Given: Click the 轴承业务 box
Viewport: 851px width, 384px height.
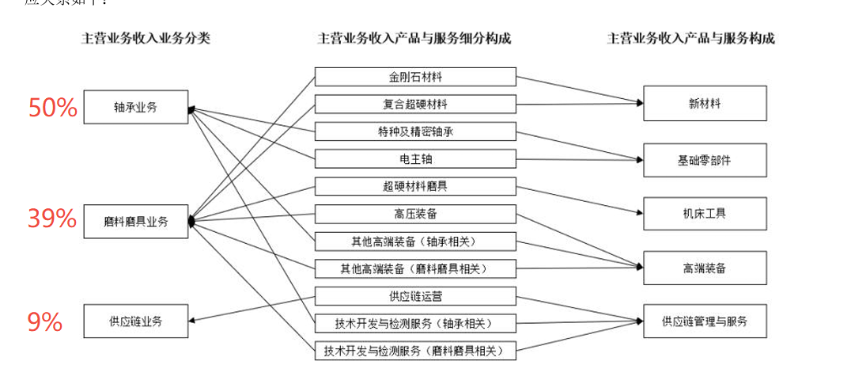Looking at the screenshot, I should (136, 108).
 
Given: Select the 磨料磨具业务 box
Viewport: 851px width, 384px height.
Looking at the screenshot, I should (136, 221).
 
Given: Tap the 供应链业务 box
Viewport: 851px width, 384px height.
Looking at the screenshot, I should (136, 321).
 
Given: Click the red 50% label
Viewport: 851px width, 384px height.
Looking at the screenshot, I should (52, 108).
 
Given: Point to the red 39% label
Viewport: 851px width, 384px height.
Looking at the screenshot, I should (52, 218).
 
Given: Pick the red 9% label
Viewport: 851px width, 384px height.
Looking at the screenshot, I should (45, 321).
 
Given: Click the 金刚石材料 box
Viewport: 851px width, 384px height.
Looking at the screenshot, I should (415, 77).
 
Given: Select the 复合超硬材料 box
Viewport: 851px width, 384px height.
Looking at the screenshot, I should (415, 104).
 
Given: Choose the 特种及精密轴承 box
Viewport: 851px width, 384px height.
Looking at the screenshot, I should (415, 131).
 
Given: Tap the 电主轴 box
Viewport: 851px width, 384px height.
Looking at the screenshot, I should (415, 158).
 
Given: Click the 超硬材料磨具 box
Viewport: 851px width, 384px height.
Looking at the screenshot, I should (415, 186).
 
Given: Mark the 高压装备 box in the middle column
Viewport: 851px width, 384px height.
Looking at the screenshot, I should (415, 213).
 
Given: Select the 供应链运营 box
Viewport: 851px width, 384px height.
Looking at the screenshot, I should (415, 295).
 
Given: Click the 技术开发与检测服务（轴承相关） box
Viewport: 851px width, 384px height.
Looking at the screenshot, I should (415, 322).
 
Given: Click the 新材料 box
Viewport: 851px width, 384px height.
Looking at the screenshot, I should (704, 104).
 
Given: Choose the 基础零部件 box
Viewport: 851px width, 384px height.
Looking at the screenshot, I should (704, 159).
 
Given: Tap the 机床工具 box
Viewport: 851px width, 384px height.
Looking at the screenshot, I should (704, 213).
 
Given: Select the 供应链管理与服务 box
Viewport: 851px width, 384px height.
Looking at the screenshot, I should (704, 321).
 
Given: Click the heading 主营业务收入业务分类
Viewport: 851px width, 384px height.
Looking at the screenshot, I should (146, 38).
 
